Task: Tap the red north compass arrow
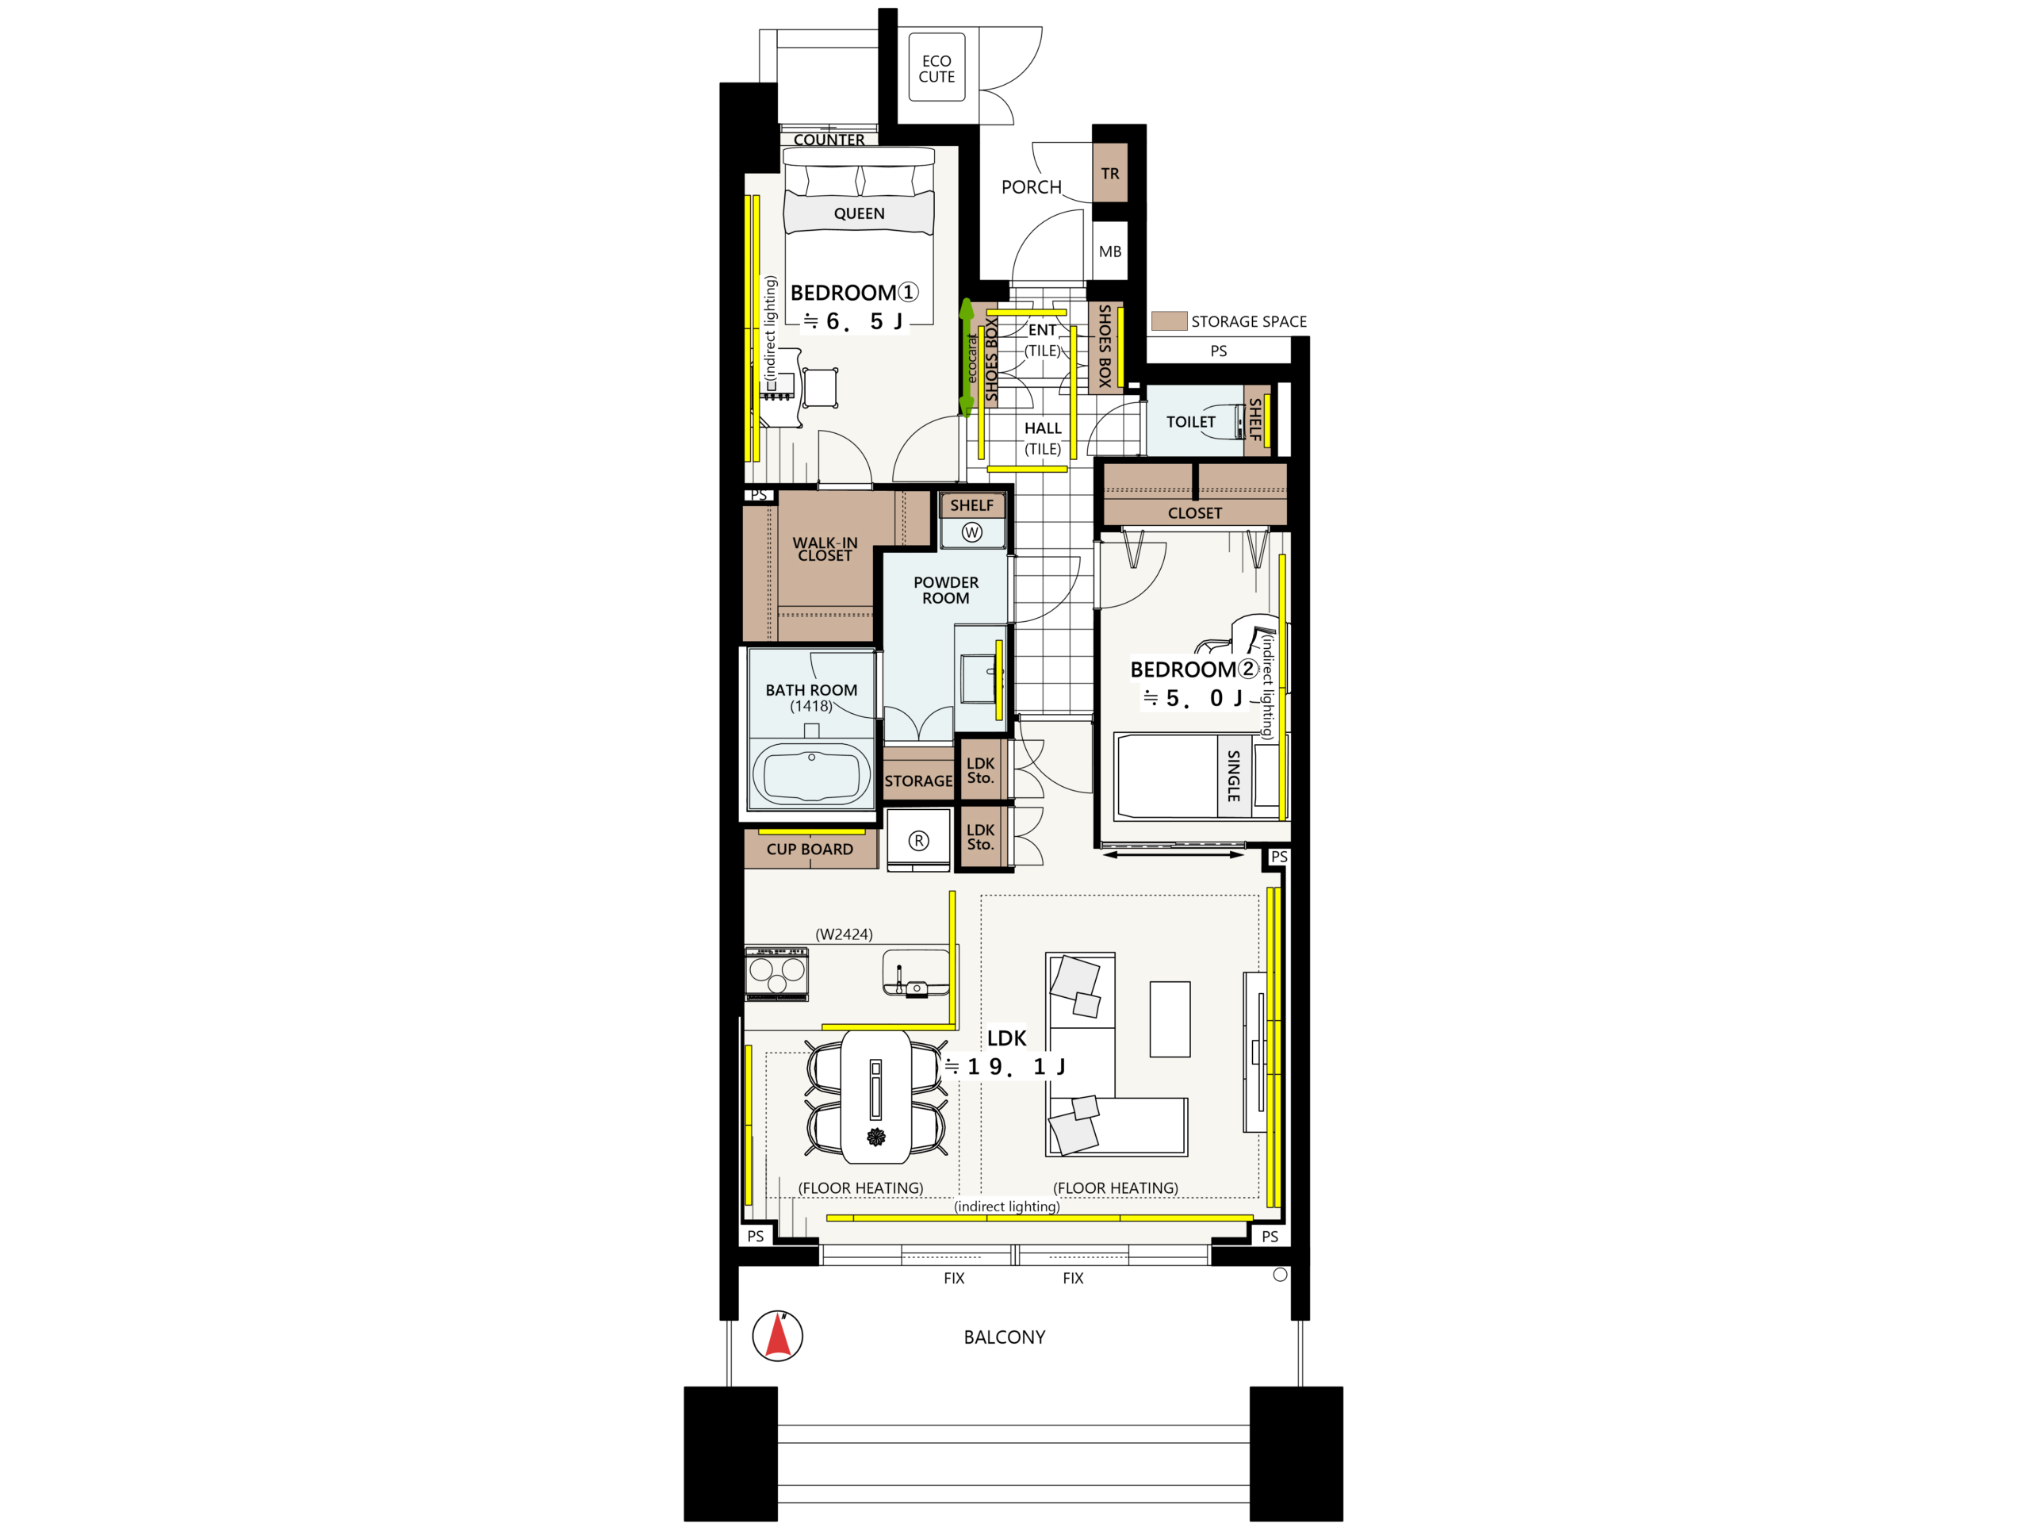pyautogui.click(x=778, y=1335)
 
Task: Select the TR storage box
pyautogui.click(x=1109, y=173)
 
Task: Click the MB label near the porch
pyautogui.click(x=1109, y=251)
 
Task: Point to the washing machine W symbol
pyautogui.click(x=972, y=532)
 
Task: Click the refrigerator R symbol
pyautogui.click(x=918, y=840)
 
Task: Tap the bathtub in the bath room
pyautogui.click(x=811, y=774)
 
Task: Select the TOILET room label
pyautogui.click(x=1190, y=422)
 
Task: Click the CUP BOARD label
pyautogui.click(x=810, y=850)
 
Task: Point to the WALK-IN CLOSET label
pyautogui.click(x=825, y=549)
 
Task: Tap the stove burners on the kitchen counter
pyautogui.click(x=776, y=973)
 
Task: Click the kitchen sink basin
pyautogui.click(x=916, y=973)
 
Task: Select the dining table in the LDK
pyautogui.click(x=876, y=1096)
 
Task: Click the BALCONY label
pyautogui.click(x=1004, y=1337)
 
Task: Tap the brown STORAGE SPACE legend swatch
pyautogui.click(x=1169, y=320)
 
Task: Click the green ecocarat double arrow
pyautogui.click(x=967, y=357)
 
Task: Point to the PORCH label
pyautogui.click(x=1031, y=187)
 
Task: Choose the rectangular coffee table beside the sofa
pyautogui.click(x=1170, y=1019)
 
